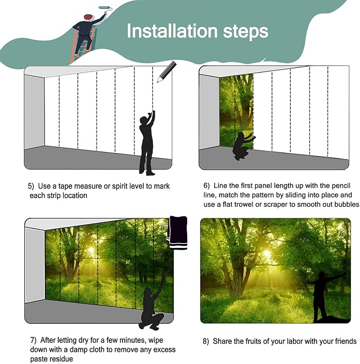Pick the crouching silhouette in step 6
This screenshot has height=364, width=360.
242,146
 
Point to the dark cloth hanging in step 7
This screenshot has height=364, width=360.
176,233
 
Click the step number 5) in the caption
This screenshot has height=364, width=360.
31,187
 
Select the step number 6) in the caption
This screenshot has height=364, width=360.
206,186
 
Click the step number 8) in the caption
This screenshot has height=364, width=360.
205,341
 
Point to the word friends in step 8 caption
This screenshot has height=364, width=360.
345,341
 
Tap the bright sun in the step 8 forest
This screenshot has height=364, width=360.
267,255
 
